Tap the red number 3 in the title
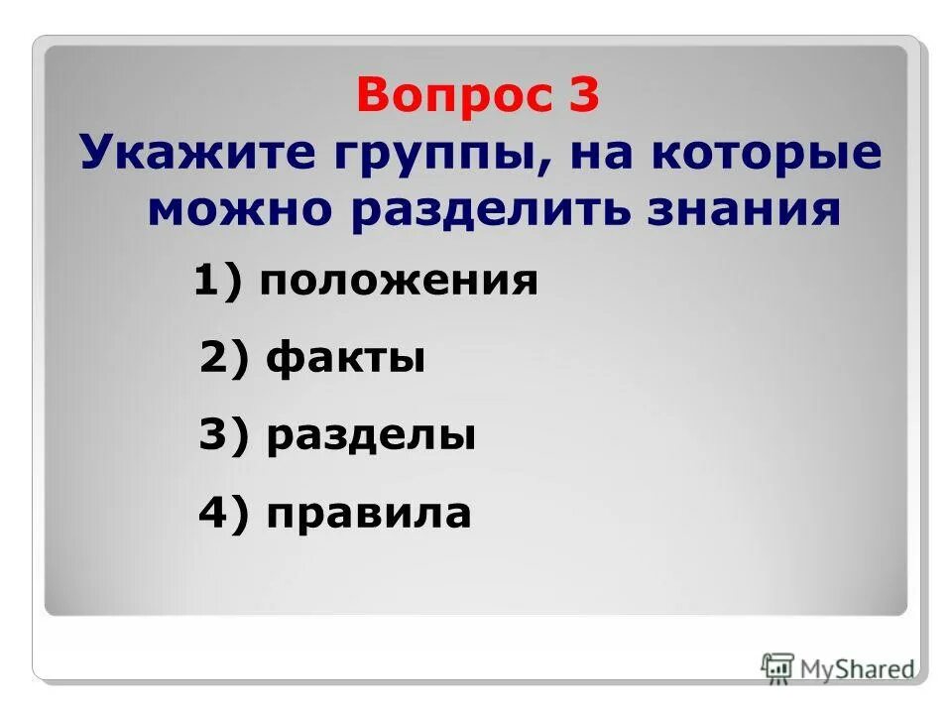click(x=583, y=96)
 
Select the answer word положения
click(x=399, y=283)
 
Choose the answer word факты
click(x=346, y=358)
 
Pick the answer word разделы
click(x=371, y=436)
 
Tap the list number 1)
click(x=218, y=283)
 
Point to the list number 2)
click(x=225, y=358)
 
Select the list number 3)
click(x=225, y=436)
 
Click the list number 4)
click(x=225, y=514)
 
